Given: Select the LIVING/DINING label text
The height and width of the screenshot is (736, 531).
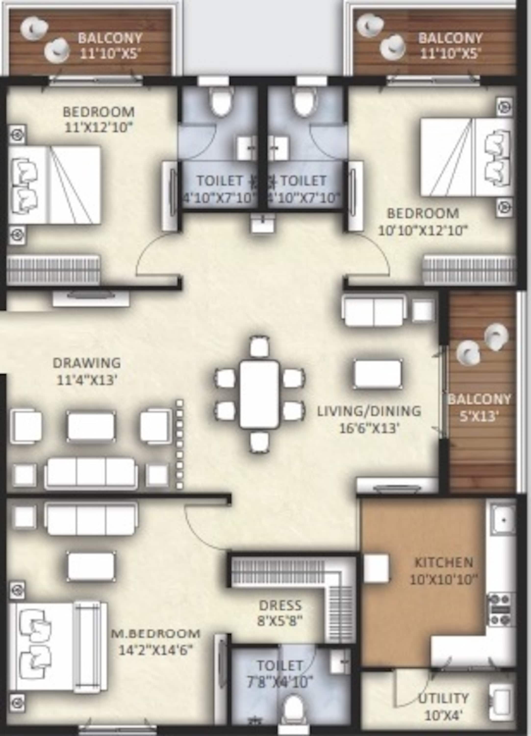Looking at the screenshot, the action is pos(369,411).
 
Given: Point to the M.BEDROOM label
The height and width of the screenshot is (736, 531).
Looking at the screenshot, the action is pos(156,633).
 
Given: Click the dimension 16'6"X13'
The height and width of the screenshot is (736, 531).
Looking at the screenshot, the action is pos(369,429).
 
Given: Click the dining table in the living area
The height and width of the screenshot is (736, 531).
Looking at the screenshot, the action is pos(259,394).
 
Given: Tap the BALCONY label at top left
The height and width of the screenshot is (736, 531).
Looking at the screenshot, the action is pos(110,38).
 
